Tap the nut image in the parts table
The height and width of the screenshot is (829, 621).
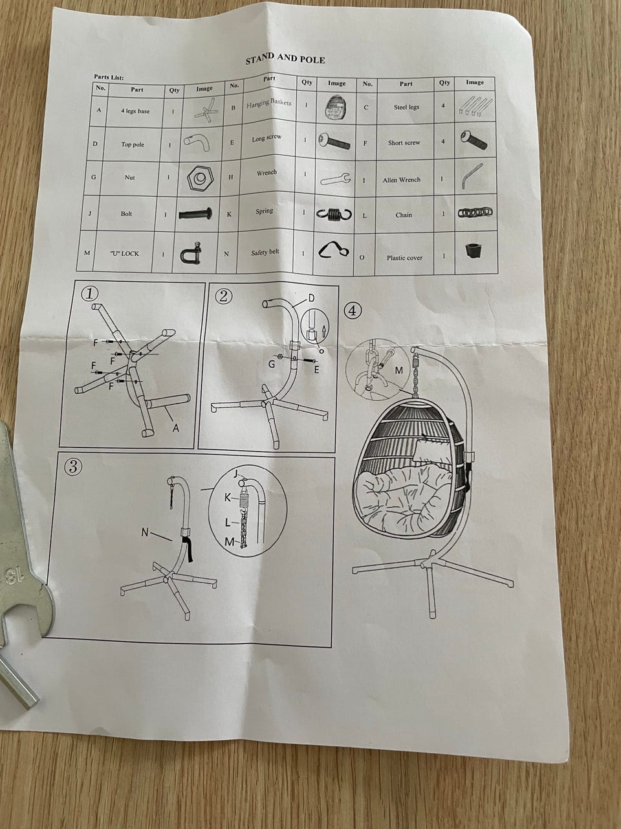199,177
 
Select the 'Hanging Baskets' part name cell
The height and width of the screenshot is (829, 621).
269,103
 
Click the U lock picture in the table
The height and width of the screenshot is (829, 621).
190,253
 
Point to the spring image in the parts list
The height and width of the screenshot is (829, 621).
334,214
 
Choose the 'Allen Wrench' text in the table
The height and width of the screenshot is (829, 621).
402,180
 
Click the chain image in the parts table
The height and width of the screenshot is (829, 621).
475,212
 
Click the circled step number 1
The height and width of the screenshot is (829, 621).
90,294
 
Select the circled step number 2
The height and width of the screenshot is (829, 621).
224,297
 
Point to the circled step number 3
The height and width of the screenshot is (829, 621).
73,467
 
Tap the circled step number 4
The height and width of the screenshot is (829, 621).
353,310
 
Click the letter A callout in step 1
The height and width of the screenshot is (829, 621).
175,428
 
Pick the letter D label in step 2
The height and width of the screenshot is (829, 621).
311,298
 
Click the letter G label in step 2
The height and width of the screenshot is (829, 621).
271,364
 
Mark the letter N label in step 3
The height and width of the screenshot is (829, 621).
145,532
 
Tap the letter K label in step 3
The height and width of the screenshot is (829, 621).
227,498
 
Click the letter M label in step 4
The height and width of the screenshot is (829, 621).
399,370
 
